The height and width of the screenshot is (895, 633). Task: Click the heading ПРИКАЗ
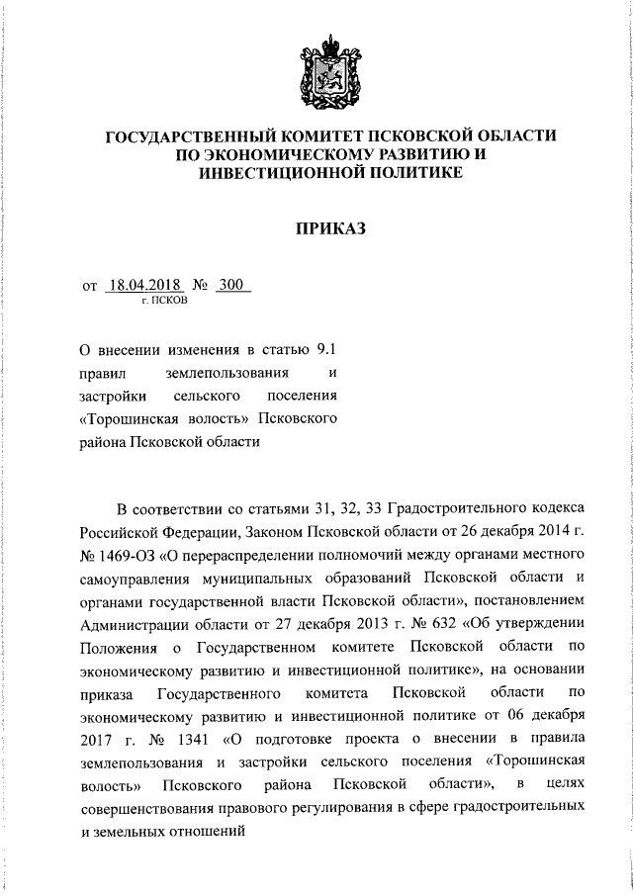pos(332,228)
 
